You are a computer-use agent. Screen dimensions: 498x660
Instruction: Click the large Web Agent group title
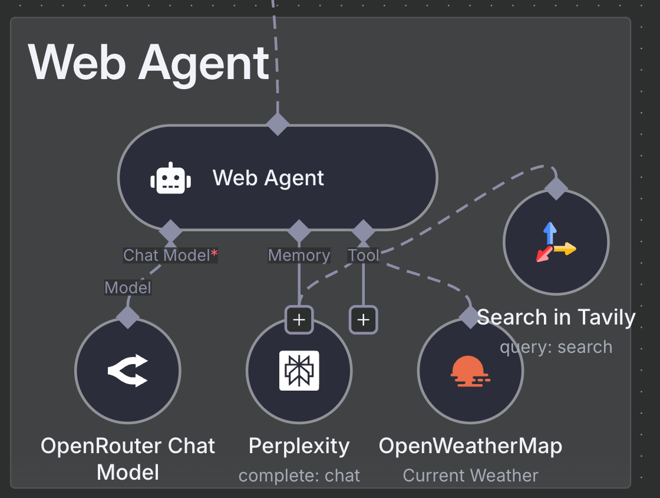148,63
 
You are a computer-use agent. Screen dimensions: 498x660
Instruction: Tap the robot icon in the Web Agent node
170,178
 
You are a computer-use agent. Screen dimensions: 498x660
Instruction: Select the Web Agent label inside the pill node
268,178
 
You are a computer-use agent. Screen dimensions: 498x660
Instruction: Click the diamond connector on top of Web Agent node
278,125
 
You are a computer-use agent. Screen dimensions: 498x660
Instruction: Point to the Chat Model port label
170,255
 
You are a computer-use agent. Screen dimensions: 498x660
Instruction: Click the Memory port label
299,255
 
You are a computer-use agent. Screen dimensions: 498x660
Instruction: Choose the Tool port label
363,255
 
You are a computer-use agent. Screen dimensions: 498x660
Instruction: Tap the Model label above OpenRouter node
128,288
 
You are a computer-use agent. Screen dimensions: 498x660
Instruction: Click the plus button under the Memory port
299,320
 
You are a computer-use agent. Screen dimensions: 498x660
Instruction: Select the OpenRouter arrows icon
128,371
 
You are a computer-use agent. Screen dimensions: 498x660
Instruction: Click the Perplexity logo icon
299,371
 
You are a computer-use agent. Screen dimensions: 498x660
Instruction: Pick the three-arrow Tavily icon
555,242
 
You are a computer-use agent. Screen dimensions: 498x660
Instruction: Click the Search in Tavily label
556,317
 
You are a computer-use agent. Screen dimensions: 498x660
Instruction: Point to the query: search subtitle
556,347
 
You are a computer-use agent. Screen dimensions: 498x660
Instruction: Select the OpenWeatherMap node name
470,446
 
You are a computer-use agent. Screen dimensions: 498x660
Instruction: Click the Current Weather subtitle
470,476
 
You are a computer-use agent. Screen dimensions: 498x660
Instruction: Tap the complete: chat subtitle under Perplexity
299,476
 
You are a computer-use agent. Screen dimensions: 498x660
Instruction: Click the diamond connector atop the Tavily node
556,189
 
